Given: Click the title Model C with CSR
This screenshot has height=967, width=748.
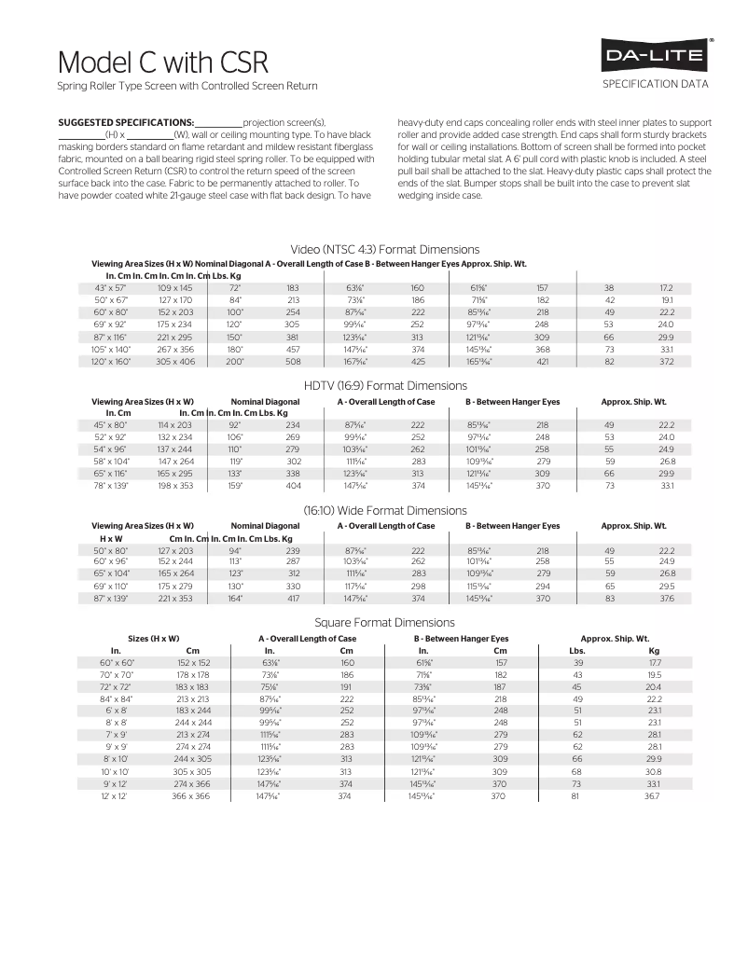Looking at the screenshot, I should click(163, 62).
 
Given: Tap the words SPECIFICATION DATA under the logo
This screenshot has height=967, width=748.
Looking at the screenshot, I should click(657, 84).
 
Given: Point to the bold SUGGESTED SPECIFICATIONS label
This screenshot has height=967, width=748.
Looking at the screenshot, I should click(126, 122).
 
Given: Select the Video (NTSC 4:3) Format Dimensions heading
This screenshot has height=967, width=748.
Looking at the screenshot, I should click(385, 249).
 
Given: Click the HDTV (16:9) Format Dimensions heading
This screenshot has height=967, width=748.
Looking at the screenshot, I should click(385, 385).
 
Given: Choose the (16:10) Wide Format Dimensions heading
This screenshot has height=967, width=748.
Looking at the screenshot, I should click(385, 510).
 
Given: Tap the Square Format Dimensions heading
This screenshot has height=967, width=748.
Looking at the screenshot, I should click(385, 622).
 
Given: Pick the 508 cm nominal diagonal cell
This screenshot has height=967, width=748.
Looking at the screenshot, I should click(293, 360).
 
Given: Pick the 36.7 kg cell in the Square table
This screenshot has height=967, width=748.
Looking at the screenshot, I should click(653, 797).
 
